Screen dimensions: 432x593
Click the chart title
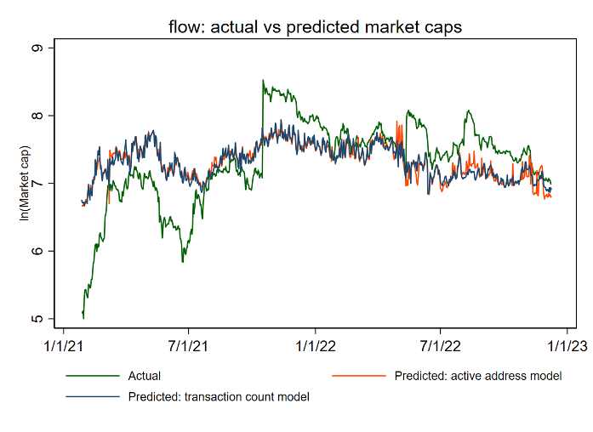coord(315,26)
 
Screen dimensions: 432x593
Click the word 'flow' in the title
coord(185,26)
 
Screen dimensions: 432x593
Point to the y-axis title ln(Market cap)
coord(25,184)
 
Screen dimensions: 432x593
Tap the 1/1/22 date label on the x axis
coord(315,346)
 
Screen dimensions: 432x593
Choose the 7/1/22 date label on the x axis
coord(441,346)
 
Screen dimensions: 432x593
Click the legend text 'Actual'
coord(145,375)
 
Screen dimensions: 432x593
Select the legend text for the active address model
coord(478,375)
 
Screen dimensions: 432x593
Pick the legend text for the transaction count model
coord(219,396)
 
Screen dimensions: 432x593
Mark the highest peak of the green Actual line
coord(263,81)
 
